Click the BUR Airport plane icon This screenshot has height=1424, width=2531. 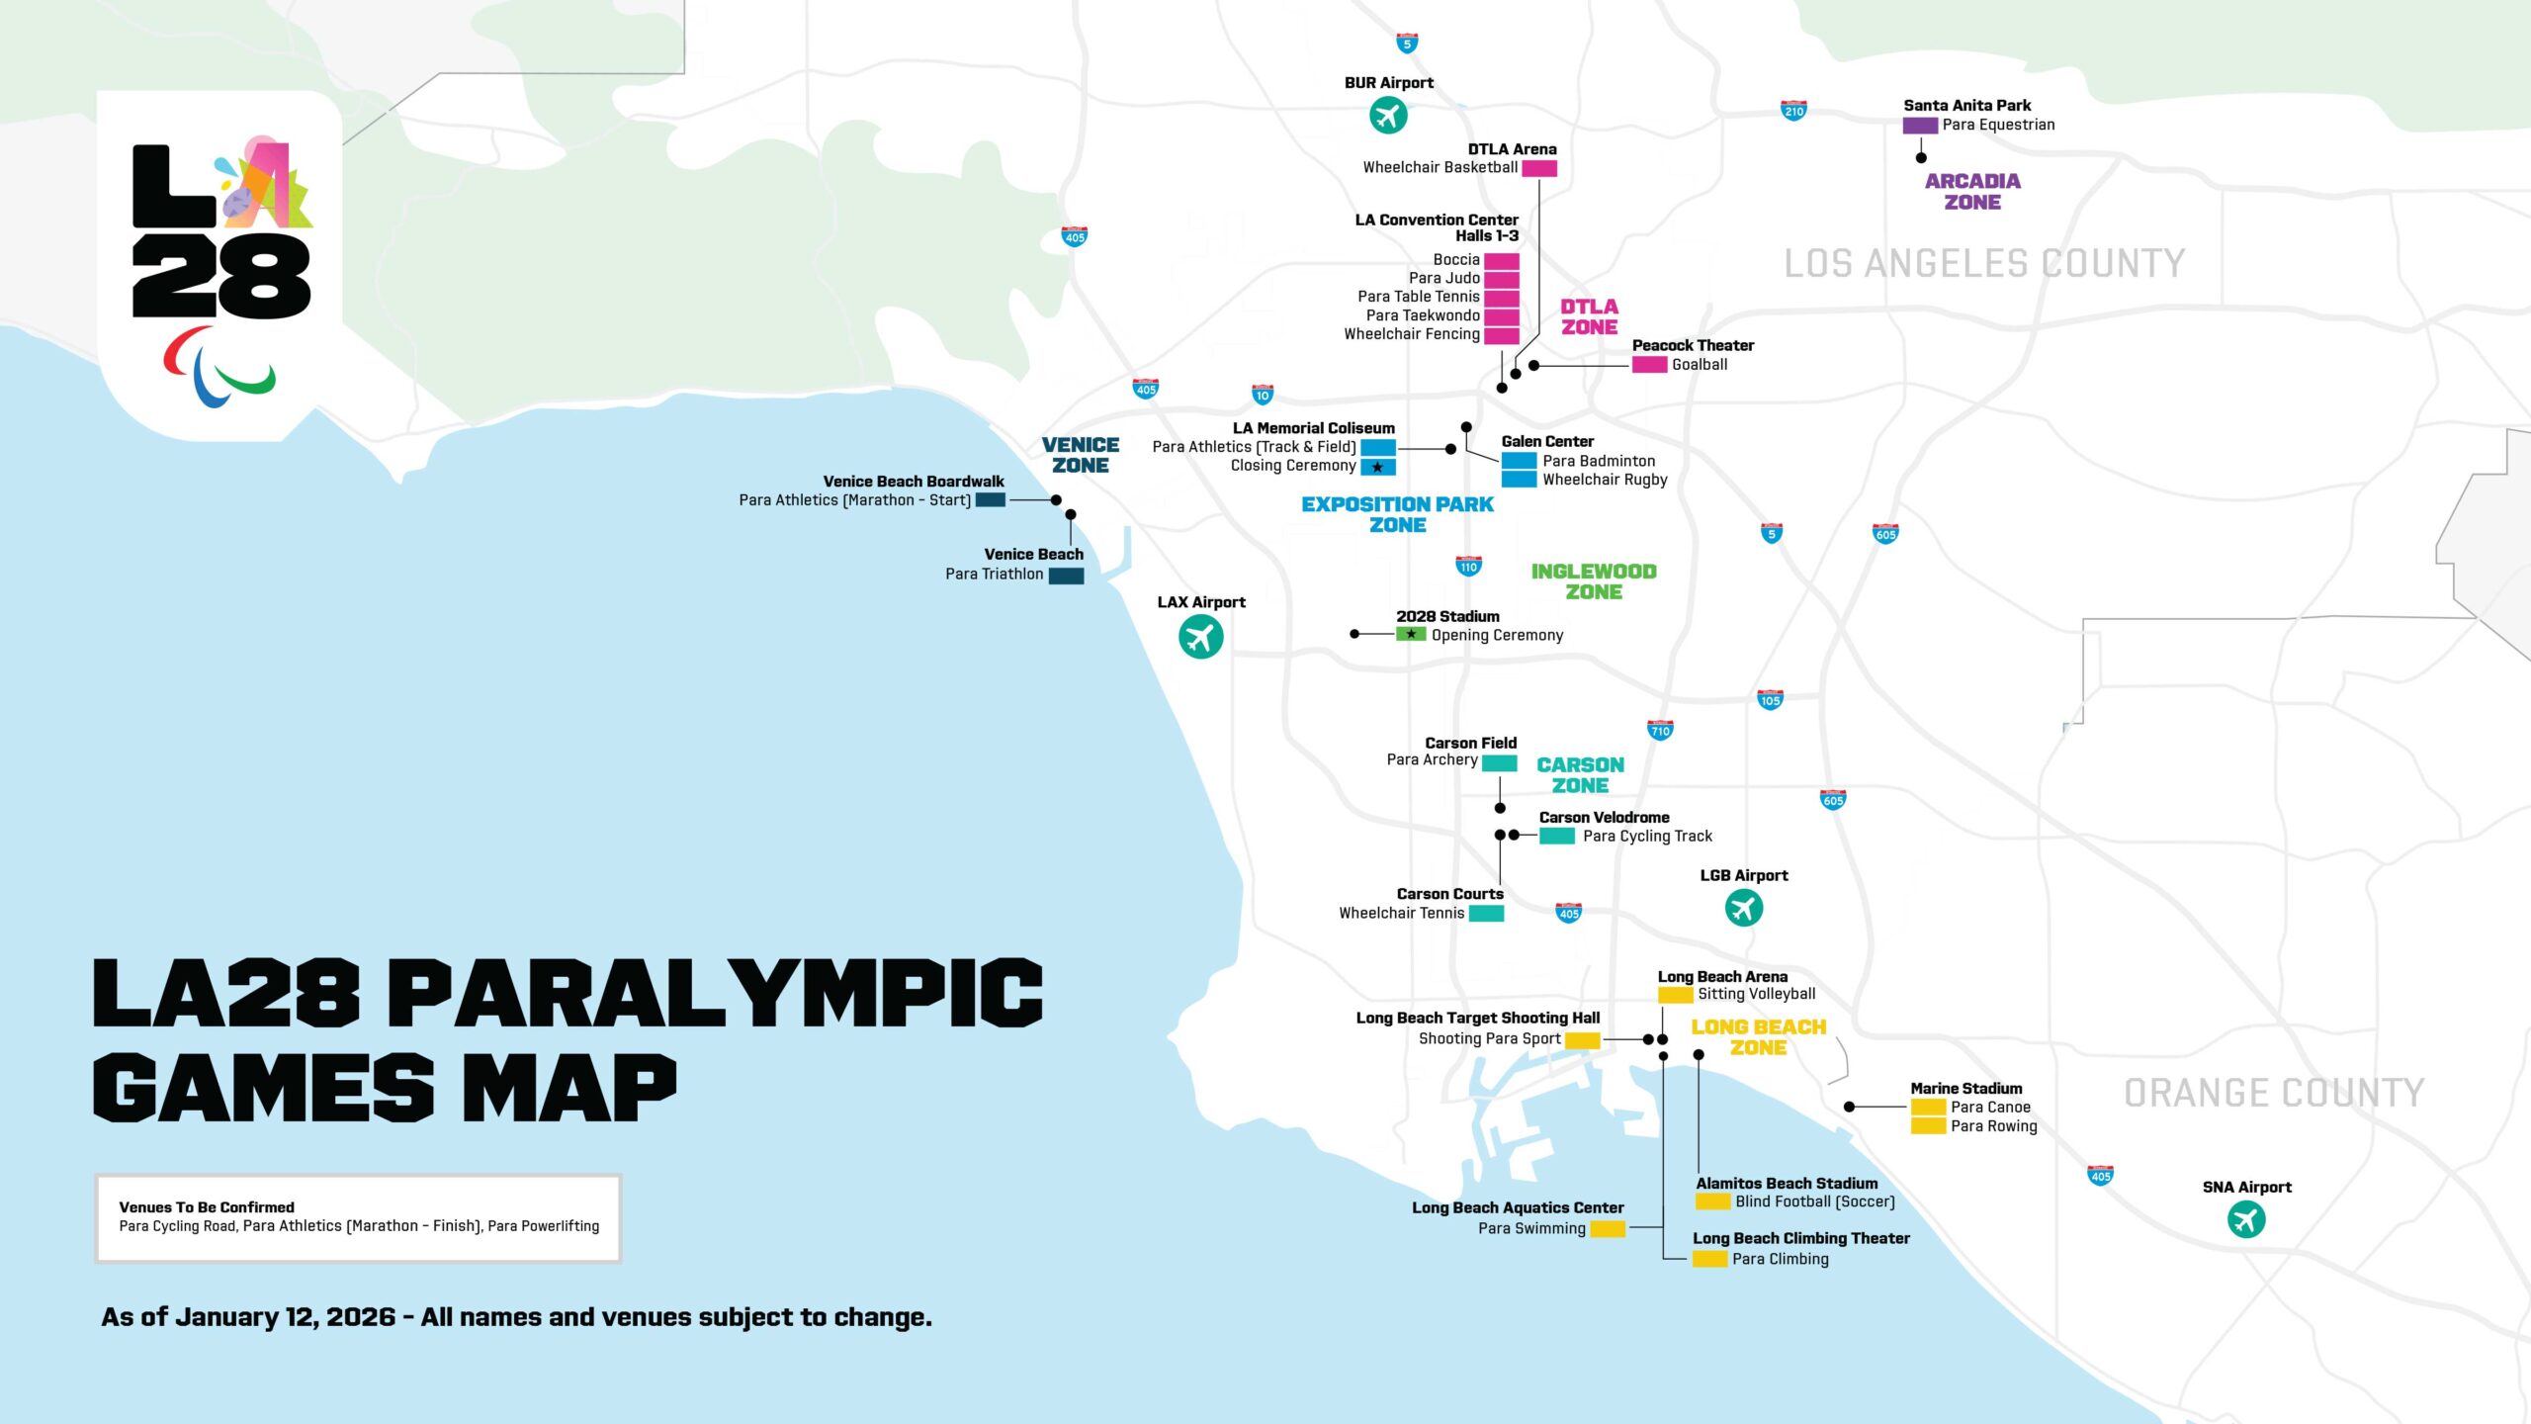[x=1388, y=116]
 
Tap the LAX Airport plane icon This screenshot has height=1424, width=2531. [x=1200, y=636]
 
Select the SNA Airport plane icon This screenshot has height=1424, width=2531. [x=2245, y=1219]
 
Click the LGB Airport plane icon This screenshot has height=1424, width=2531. [x=1743, y=907]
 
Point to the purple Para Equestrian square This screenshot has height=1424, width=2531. [x=1919, y=126]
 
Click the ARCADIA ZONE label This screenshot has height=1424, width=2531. [x=1971, y=191]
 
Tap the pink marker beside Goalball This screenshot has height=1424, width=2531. [x=1648, y=365]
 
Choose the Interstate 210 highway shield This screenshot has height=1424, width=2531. [x=1793, y=111]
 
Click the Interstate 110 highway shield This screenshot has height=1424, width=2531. [x=1468, y=566]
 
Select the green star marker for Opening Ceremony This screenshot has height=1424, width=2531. [x=1410, y=634]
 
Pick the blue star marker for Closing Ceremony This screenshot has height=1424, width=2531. [x=1377, y=467]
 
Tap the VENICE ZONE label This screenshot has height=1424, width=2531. [x=1080, y=455]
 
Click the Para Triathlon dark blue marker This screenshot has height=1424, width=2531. [x=1065, y=575]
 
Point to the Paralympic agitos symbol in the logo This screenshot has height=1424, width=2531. [x=218, y=368]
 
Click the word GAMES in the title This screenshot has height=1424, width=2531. [x=263, y=1087]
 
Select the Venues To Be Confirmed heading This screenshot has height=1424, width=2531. [x=207, y=1207]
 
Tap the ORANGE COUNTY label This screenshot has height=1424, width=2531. [x=2273, y=1093]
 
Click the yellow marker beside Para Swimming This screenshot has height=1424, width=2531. [x=1607, y=1229]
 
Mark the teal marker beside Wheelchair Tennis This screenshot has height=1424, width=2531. [x=1485, y=914]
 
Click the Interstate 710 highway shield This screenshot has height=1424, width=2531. [x=1660, y=730]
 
